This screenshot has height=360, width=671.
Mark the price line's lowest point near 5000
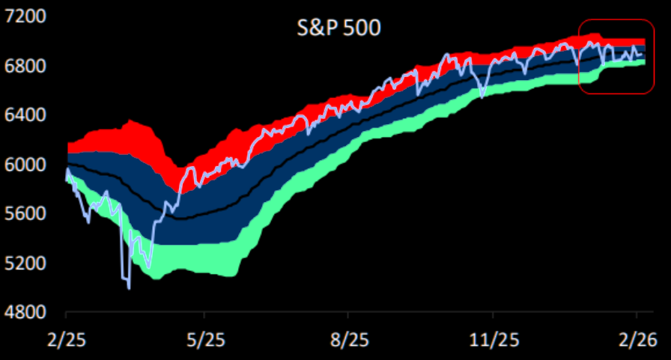129,287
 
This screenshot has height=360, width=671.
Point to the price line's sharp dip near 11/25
482,97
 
